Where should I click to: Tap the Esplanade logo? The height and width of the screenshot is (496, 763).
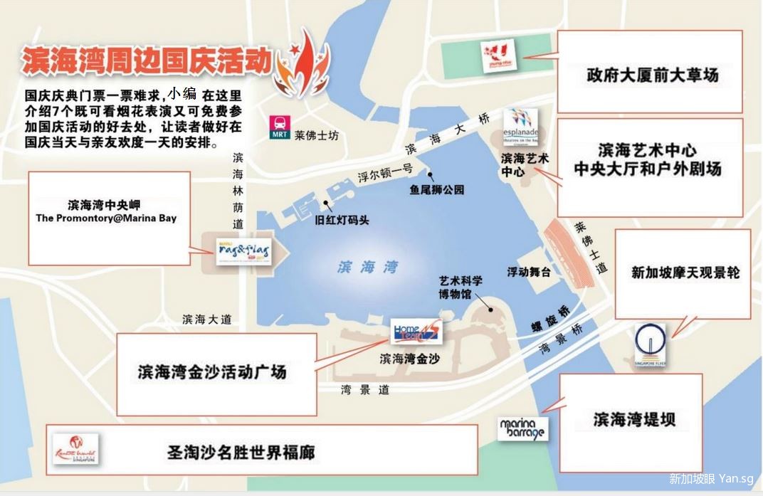click(x=521, y=126)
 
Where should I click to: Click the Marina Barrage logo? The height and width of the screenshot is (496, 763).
click(x=523, y=428)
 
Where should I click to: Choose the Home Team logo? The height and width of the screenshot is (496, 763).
click(x=416, y=331)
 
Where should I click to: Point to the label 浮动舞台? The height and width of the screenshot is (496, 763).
click(x=530, y=272)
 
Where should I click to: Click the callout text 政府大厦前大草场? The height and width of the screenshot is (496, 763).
click(x=651, y=74)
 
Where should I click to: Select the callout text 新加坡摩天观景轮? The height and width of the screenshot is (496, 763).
click(x=685, y=273)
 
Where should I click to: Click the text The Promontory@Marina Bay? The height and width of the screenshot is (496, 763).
click(x=106, y=218)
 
